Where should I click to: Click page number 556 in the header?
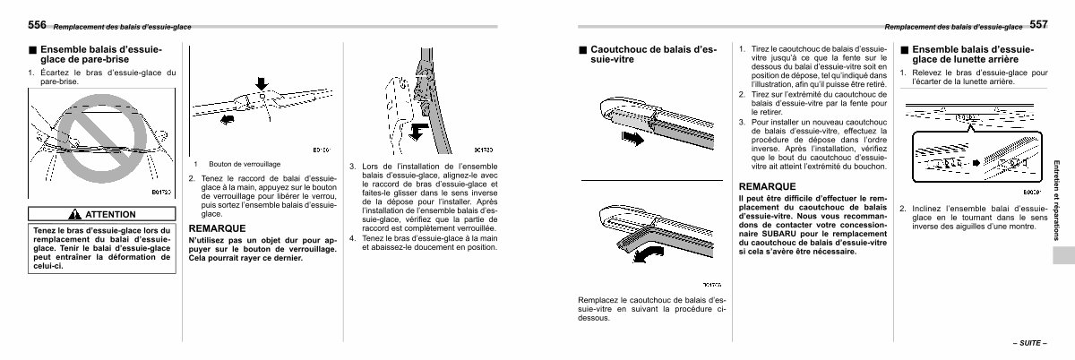tap(38, 24)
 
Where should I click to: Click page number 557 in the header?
tap(1037, 24)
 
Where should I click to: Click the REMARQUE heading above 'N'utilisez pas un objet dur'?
tap(218, 228)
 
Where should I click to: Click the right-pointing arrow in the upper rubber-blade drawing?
tap(632, 138)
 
